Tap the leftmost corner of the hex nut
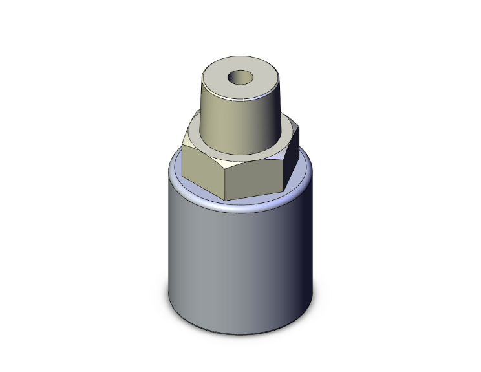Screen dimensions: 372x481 tap(182, 148)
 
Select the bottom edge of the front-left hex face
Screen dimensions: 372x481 tap(204, 190)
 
